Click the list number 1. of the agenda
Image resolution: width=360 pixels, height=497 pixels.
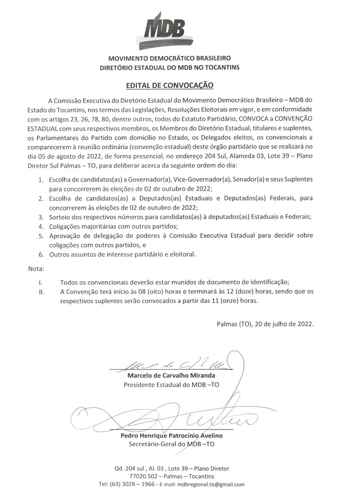pyautogui.click(x=40, y=180)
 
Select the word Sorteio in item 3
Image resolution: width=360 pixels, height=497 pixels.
pyautogui.click(x=61, y=216)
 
